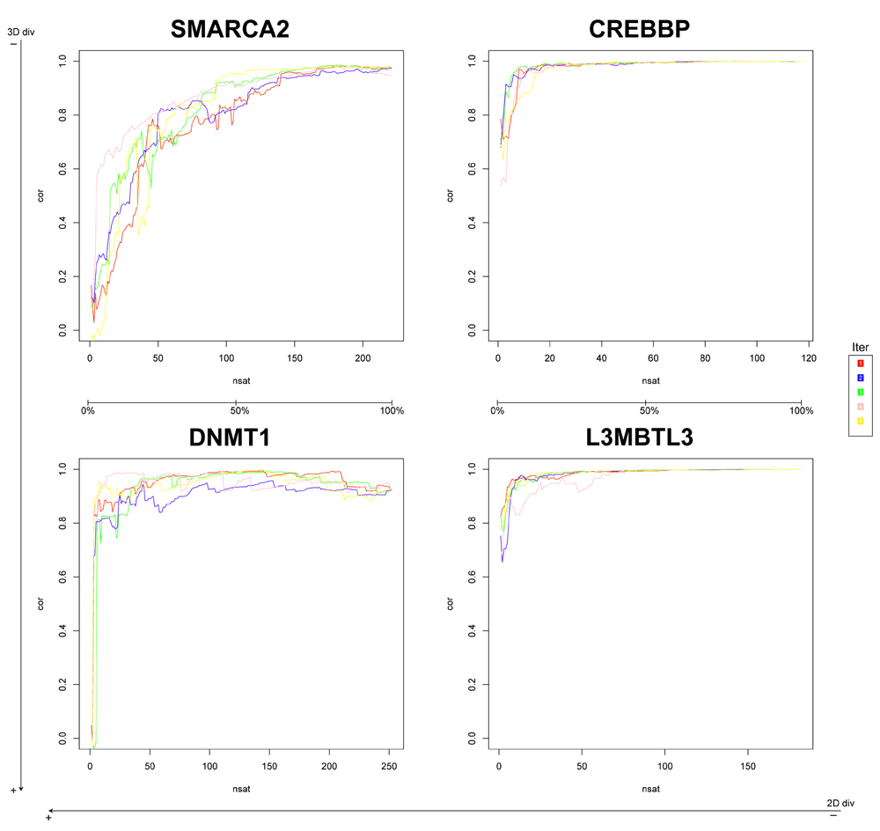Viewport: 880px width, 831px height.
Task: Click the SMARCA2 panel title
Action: [x=231, y=29]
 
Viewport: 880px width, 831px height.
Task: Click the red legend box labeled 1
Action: [x=861, y=363]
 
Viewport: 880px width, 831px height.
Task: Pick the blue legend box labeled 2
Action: [x=861, y=378]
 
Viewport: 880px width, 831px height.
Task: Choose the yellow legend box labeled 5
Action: [x=861, y=422]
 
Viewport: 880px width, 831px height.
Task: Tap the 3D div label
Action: [x=20, y=32]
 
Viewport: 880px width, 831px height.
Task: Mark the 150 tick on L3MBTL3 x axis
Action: [x=747, y=766]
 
